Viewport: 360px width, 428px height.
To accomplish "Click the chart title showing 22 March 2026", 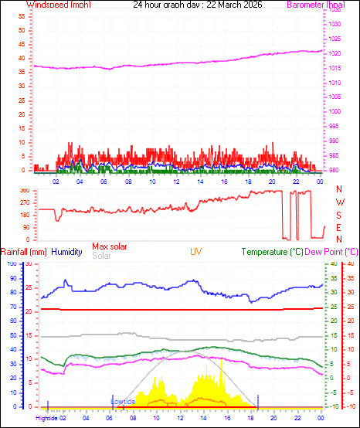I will pyautogui.click(x=197, y=5).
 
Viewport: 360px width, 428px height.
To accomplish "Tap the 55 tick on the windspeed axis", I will pyautogui.click(x=21, y=15).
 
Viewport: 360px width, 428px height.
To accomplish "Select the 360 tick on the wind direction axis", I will pyautogui.click(x=24, y=190).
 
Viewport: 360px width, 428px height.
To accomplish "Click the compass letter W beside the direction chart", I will pyautogui.click(x=339, y=202).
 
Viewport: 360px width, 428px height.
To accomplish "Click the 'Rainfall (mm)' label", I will pyautogui.click(x=24, y=252).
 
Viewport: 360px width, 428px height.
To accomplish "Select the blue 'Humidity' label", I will pyautogui.click(x=67, y=252).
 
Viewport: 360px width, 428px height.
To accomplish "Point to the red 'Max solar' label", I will pyautogui.click(x=110, y=246).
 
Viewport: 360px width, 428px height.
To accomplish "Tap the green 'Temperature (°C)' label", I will pyautogui.click(x=271, y=252).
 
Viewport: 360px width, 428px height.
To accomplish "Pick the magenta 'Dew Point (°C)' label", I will pyautogui.click(x=331, y=252).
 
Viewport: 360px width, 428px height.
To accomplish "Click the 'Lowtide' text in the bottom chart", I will pyautogui.click(x=123, y=402).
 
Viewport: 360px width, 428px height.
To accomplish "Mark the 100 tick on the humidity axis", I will pyautogui.click(x=12, y=264).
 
